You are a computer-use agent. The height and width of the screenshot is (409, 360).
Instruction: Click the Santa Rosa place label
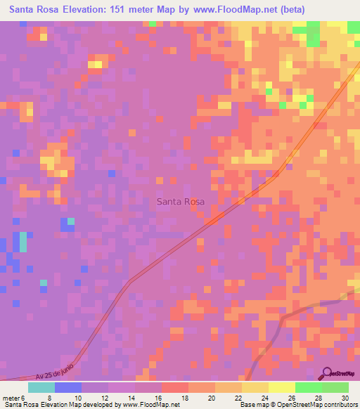[x=181, y=202]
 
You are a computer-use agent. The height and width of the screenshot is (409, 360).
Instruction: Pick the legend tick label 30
[x=345, y=398]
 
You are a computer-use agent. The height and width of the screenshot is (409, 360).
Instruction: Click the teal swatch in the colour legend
[x=41, y=387]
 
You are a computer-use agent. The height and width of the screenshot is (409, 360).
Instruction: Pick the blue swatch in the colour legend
[x=68, y=387]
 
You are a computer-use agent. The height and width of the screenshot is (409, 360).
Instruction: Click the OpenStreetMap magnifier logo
[x=328, y=373]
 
